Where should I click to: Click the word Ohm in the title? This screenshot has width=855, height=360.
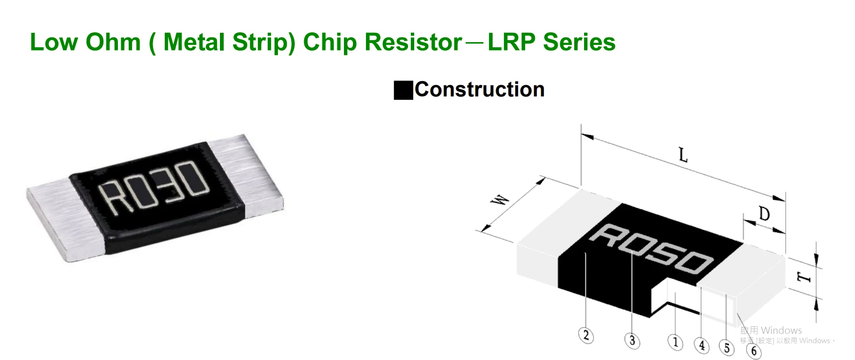click(113, 42)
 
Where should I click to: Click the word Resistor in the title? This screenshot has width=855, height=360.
click(413, 42)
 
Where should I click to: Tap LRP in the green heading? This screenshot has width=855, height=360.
click(511, 42)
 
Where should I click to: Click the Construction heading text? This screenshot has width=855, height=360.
click(479, 89)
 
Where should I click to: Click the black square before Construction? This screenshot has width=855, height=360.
click(403, 90)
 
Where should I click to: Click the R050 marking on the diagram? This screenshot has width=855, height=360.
click(651, 248)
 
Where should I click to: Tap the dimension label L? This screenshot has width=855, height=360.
click(683, 155)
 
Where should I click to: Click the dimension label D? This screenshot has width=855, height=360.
click(764, 214)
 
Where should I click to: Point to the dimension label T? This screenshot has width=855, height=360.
click(804, 277)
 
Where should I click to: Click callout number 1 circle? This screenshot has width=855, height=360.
click(675, 342)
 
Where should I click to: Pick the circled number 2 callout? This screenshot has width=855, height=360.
click(586, 336)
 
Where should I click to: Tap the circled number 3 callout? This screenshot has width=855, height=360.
click(632, 340)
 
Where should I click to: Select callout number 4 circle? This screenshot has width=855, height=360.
click(702, 346)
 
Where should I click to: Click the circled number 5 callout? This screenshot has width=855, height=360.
click(726, 348)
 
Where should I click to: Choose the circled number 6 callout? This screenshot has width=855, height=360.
click(753, 351)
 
